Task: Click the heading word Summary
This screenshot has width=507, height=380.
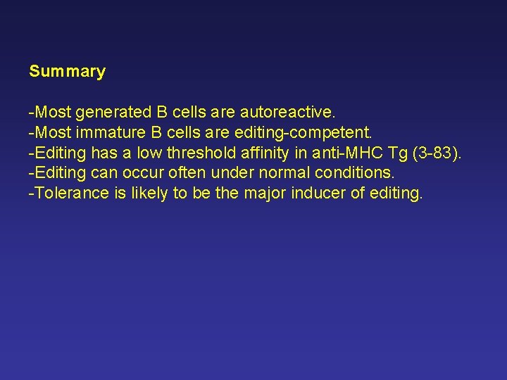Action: (x=67, y=71)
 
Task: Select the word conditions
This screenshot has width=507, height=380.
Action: (x=351, y=173)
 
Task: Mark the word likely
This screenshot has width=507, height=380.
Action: (x=146, y=194)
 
